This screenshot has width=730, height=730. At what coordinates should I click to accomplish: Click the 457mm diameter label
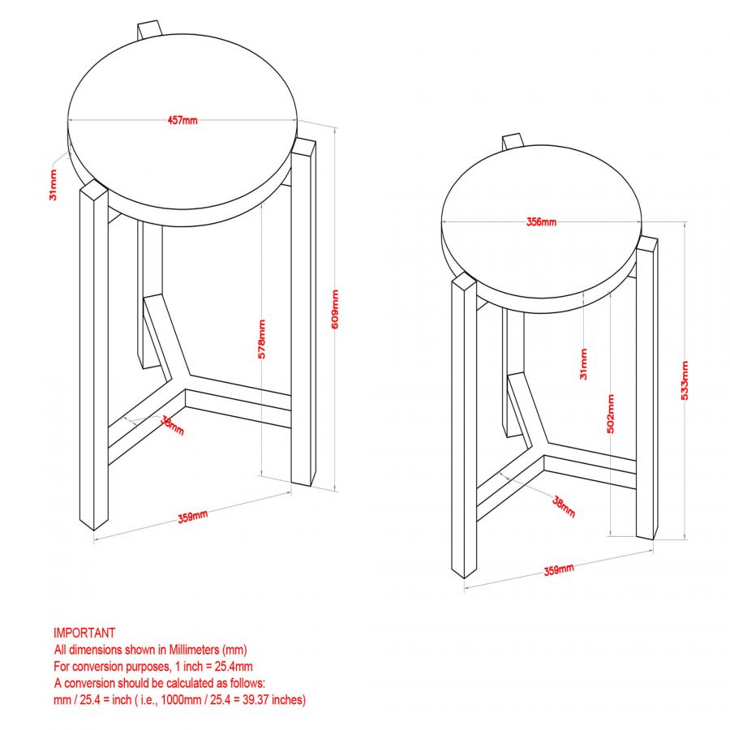182,121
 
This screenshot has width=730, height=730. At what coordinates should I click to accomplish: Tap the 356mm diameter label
541,221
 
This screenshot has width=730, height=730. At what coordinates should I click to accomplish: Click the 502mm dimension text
610,414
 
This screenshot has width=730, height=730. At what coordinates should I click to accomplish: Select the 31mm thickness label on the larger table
54,184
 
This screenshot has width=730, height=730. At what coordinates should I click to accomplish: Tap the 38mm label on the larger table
172,425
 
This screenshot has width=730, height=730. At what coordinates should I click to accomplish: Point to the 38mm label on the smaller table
563,507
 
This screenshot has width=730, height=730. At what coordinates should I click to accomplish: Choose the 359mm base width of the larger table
192,517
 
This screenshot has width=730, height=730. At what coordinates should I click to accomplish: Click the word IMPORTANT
84,633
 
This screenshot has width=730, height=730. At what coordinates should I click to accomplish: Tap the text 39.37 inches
275,699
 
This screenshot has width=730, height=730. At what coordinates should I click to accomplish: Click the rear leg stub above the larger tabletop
149,28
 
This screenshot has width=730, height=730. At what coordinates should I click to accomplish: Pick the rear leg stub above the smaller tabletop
512,141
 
